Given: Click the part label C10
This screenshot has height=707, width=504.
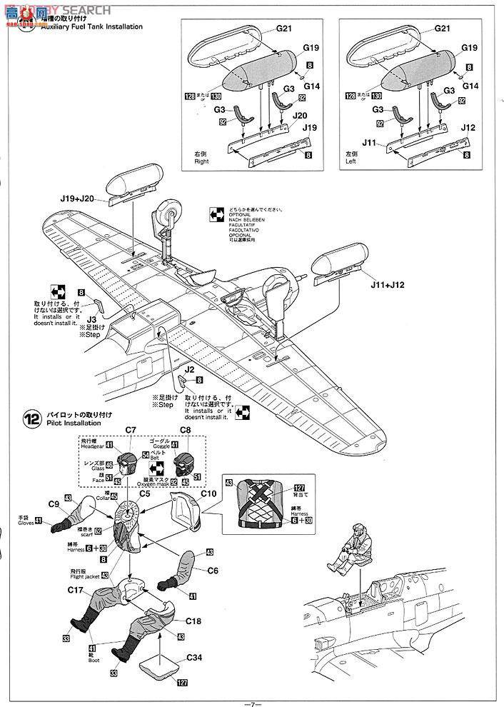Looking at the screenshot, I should (x=208, y=493).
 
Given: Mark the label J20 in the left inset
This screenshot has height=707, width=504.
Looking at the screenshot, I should (x=300, y=115).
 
